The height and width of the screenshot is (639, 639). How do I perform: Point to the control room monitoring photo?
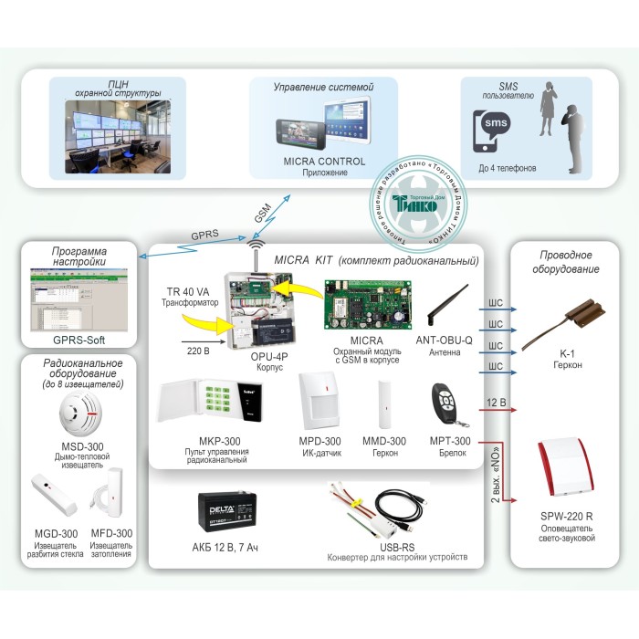124,130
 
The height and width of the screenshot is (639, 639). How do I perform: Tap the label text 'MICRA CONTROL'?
324,162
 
